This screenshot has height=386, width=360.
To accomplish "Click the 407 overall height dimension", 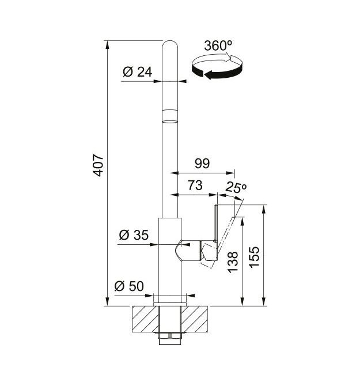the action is coord(98,165).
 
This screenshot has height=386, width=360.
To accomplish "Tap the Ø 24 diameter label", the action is coord(138,71).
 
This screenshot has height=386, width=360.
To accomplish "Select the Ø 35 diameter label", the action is coord(134,235).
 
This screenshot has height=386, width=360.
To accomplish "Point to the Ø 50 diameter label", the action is coord(129,286).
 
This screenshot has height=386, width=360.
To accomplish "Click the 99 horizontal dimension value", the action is coord(202,164).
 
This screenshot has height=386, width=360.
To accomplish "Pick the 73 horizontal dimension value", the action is coord(195,185).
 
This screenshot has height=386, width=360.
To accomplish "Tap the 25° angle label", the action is coord(236,187).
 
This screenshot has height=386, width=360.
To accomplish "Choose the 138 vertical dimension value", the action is coord(233,262).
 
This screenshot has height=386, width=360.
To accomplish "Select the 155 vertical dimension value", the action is coord(254,256).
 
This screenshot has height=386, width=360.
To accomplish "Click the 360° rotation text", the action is coord(218,46).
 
